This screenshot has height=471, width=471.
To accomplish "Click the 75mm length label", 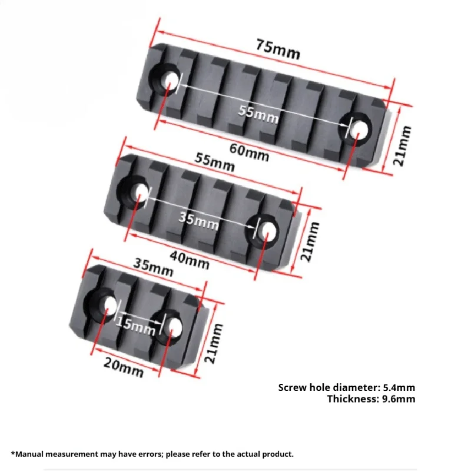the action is click(278, 49).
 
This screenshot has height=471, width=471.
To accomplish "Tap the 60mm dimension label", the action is click(249, 152).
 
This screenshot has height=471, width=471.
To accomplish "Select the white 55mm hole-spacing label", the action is click(258, 114).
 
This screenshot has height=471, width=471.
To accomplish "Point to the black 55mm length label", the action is click(214, 162).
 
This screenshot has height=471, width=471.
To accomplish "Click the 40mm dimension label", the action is click(190, 260).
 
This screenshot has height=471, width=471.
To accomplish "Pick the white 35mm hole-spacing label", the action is click(198, 221).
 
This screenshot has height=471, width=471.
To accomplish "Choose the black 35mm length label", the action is click(153, 267).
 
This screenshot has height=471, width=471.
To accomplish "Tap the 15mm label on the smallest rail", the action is click(135, 327).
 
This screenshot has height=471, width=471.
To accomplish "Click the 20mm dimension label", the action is click(124, 367).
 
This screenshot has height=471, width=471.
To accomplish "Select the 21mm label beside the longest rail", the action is click(402, 145).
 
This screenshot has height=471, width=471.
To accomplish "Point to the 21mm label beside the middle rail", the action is click(310, 241).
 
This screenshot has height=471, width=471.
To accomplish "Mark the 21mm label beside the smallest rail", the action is click(214, 343).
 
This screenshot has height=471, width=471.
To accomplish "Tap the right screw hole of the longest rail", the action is click(359, 129).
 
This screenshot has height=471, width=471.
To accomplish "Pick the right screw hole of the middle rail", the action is click(267, 231).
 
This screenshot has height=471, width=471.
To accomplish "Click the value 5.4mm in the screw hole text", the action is click(399, 387).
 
